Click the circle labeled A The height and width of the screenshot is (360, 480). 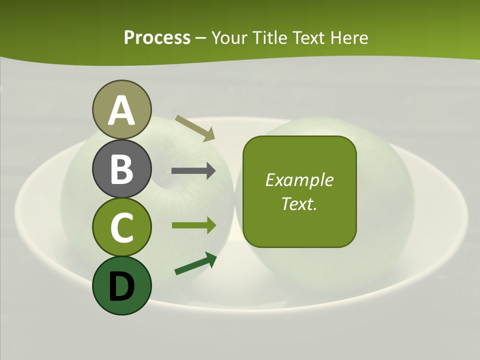[x=121, y=109]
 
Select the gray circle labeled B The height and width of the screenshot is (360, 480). [x=121, y=168]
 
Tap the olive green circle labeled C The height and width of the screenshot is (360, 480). [x=121, y=227]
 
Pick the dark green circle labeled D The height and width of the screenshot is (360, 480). [x=121, y=285]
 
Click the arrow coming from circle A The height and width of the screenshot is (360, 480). [x=195, y=128]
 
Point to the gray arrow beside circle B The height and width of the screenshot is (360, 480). [x=193, y=171]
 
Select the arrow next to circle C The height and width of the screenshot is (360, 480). [x=193, y=225]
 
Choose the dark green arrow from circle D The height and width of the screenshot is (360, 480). [x=195, y=263]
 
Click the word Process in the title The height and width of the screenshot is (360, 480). [x=157, y=37]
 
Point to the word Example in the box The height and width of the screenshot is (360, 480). [x=299, y=180]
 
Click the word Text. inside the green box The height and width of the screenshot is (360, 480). [x=299, y=204]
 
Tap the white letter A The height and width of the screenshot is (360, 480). [x=121, y=110]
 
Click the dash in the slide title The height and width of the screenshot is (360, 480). [x=201, y=38]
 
